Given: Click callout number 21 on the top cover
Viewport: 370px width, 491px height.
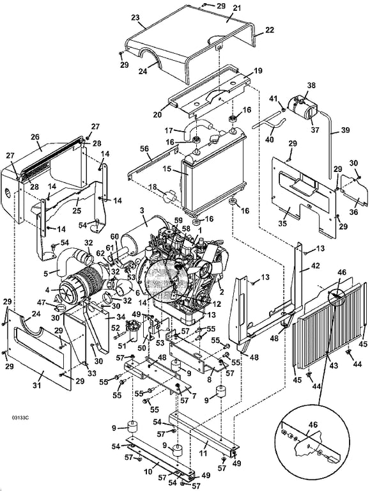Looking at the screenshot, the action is point(237,8).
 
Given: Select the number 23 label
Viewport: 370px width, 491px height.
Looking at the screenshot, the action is point(135,17).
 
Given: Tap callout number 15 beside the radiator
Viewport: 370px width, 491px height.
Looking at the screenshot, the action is point(167,169).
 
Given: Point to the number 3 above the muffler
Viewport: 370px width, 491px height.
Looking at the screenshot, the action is point(142,210).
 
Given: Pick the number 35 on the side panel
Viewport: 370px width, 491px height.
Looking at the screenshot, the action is point(282,223).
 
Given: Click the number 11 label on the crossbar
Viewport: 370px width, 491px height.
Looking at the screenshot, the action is point(203,453).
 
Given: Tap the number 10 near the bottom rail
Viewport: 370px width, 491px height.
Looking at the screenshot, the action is point(147,472).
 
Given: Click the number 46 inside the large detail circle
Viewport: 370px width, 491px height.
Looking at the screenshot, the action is point(312,425).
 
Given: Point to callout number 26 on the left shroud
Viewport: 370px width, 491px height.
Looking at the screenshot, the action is point(35,137).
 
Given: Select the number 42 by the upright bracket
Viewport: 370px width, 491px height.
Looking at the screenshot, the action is point(315,265).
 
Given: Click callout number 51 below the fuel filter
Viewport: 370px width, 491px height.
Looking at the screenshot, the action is point(121,346).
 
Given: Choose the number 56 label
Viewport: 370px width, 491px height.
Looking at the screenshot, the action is point(144,149).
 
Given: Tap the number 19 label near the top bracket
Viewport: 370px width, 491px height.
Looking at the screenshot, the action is point(258,70).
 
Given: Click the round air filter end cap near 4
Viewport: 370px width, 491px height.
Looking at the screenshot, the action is point(66,290).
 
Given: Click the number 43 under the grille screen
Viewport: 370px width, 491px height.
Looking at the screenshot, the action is point(334,365).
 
